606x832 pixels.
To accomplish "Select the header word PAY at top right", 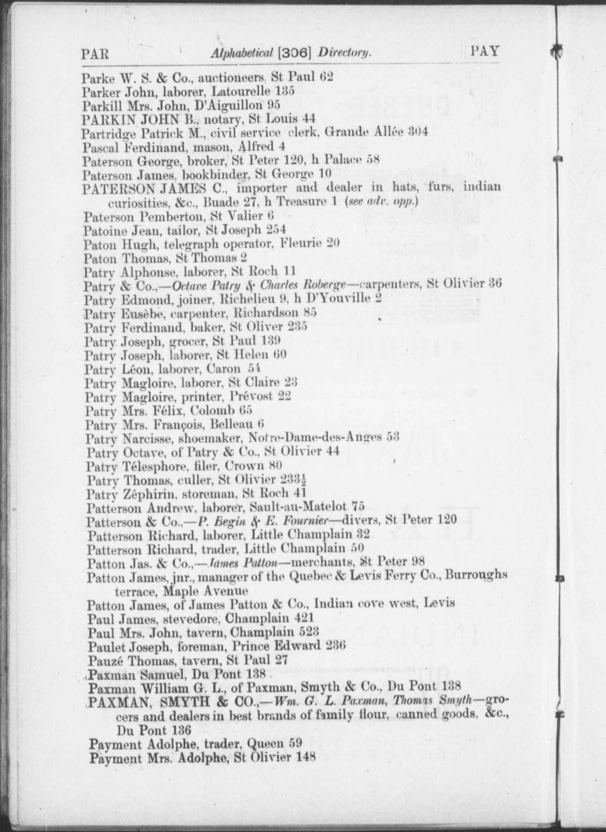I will pyautogui.click(x=485, y=51).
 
